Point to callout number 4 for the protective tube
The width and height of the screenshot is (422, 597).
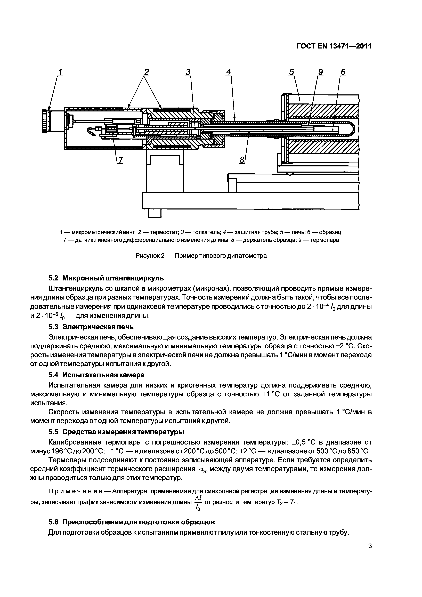pyautogui.click(x=228, y=72)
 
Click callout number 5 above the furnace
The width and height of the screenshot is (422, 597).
pyautogui.click(x=291, y=72)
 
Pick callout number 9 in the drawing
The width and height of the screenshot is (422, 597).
pyautogui.click(x=320, y=72)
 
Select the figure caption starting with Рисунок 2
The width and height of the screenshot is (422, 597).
pyautogui.click(x=201, y=256)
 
